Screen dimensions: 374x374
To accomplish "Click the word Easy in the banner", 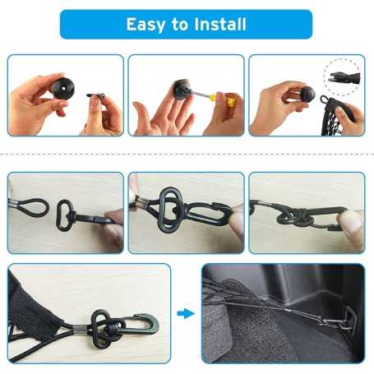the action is click(x=145, y=25).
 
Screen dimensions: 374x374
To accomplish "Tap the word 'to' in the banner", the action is click(x=179, y=25).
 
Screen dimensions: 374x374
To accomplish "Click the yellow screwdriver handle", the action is click(x=226, y=100).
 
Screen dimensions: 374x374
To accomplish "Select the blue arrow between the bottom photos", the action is click(x=186, y=313).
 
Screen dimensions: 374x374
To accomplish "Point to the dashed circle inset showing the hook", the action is click(x=342, y=76).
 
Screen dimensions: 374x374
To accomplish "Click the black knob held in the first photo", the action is click(x=63, y=89).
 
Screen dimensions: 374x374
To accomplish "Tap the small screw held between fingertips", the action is click(x=96, y=95).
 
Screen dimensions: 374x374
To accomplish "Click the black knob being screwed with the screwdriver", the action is click(x=182, y=89).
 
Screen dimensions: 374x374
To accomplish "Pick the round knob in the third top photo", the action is click(x=307, y=94).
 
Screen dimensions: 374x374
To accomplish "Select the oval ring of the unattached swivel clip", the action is click(x=64, y=215).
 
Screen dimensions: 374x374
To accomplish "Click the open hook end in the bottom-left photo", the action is click(x=150, y=325).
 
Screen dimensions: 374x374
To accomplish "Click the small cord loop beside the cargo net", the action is click(x=325, y=100).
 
